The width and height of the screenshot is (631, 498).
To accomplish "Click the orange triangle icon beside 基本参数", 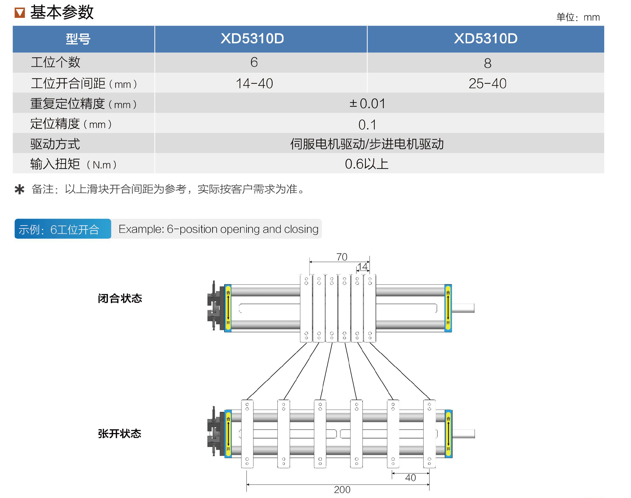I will coord(20,13).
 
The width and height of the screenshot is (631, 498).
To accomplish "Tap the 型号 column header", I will coord(78,39).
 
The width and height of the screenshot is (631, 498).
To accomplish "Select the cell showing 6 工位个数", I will coord(254,62).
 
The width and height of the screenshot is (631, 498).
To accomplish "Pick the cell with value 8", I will coord(487,63).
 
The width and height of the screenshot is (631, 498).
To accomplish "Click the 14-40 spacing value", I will coord(254,84).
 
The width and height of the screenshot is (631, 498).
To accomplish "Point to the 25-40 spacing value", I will coord(487,84).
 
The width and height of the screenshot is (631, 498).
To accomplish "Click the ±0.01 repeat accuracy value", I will coord(367,103).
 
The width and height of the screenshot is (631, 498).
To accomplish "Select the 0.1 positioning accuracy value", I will coord(367,125).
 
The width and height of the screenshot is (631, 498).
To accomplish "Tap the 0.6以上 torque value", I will coord(367,164).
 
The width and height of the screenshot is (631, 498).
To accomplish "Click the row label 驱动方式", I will coord(55,144).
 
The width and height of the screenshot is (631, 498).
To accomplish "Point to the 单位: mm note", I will coord(578,18).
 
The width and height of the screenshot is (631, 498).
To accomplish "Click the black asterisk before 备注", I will coord(20,190).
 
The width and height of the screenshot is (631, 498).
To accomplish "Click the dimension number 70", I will coord(342,257).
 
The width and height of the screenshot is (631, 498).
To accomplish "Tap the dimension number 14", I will coord(362,267).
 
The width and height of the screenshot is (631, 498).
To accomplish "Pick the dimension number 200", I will coord(342,490).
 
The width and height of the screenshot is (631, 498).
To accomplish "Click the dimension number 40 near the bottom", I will coord(410,478).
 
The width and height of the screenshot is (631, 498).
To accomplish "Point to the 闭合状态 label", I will coord(120,299).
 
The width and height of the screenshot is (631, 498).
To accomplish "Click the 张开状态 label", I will coord(120,434).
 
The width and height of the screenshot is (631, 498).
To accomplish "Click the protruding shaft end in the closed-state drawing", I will coord(464,308).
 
